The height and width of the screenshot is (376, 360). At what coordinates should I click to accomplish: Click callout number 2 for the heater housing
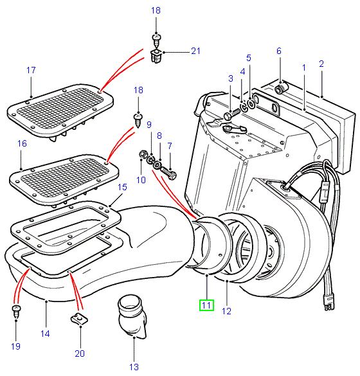[321, 64]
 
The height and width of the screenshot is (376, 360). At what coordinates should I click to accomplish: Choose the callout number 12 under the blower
[226, 312]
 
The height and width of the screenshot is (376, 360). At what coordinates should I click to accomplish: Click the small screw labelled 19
[15, 312]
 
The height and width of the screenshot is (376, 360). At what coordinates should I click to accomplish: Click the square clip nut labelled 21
[156, 58]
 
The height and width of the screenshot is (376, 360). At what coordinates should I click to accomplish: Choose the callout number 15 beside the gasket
[123, 187]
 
